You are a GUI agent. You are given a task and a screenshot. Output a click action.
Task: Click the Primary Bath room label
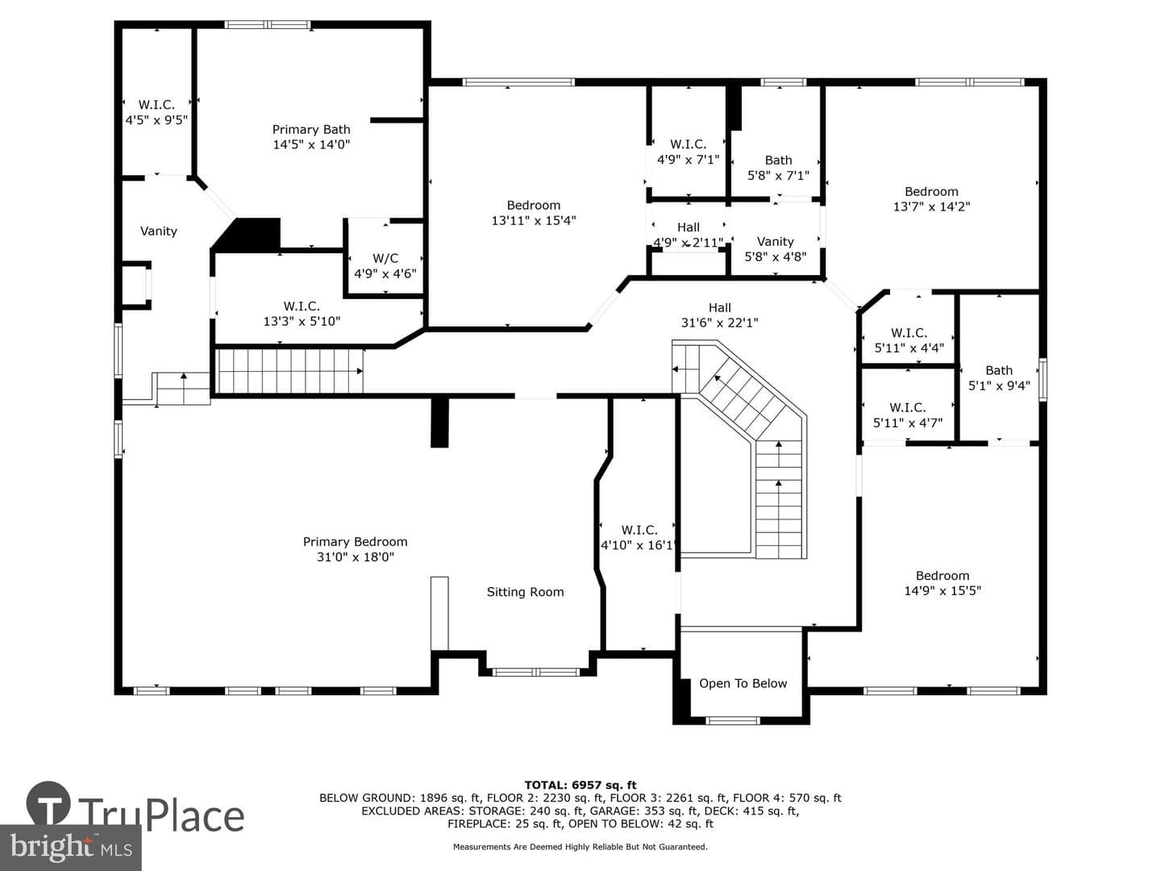point(311,130)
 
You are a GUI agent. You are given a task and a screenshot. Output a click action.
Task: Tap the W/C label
point(385,258)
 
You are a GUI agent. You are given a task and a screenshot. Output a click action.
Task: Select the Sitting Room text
point(525,592)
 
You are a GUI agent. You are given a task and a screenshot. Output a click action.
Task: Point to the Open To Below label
point(743,683)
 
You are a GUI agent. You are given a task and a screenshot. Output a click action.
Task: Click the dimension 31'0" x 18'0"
point(355,556)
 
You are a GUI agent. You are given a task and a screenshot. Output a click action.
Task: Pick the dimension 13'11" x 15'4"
point(533,220)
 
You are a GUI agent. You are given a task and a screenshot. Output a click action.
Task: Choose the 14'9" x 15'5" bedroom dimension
point(942,590)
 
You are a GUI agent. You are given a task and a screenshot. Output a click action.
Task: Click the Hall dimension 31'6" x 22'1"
point(719,323)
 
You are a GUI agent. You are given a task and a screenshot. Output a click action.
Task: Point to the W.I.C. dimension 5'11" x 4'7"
point(907,423)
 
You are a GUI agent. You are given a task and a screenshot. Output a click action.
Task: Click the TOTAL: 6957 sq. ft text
point(580,785)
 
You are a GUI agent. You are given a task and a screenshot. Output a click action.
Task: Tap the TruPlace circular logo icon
point(48,802)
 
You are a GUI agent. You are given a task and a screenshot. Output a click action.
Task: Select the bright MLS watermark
point(70,847)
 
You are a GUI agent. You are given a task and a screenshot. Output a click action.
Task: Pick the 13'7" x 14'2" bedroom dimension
point(931,206)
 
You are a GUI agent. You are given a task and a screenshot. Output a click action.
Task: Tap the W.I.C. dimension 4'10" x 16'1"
point(639,544)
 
